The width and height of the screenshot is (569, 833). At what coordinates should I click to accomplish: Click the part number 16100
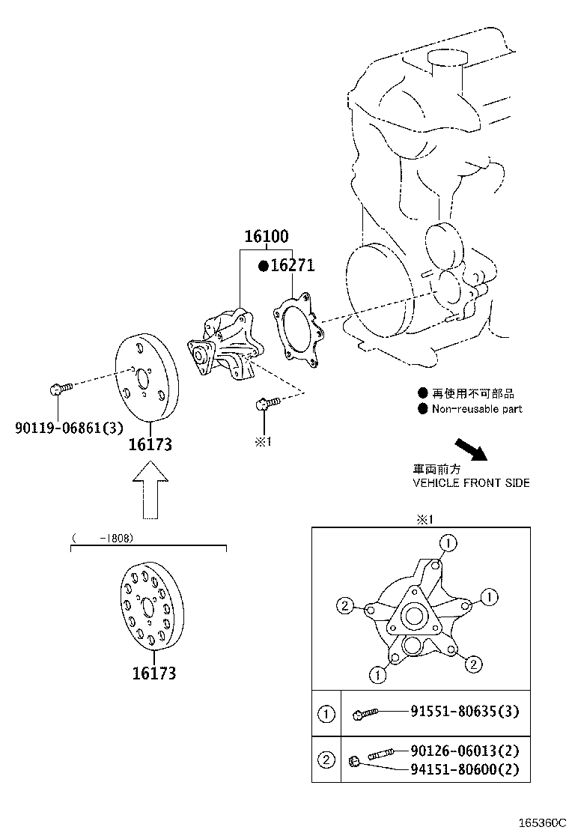click(x=266, y=237)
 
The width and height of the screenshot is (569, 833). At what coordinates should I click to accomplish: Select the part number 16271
click(x=293, y=265)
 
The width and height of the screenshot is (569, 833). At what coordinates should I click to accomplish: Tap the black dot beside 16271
click(x=263, y=266)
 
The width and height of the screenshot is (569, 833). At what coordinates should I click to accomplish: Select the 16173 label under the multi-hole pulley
click(x=154, y=673)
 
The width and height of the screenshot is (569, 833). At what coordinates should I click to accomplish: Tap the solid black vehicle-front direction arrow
click(x=471, y=451)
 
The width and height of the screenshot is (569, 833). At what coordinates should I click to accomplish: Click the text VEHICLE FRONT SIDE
click(x=471, y=482)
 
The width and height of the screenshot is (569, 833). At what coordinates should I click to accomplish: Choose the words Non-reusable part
click(x=477, y=409)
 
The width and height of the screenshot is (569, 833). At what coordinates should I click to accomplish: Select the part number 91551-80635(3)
click(x=464, y=712)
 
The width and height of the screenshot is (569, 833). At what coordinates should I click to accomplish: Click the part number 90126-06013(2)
click(x=464, y=751)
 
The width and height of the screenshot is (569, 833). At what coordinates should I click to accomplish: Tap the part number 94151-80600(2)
click(x=464, y=769)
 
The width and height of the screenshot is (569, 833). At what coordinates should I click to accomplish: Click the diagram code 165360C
click(x=539, y=823)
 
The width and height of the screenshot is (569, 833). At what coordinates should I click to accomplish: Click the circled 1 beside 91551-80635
click(x=326, y=714)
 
